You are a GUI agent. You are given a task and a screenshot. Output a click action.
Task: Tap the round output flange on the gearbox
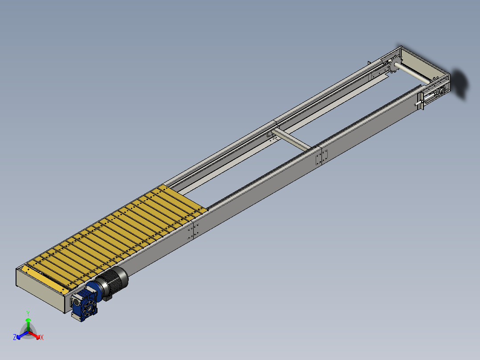(x=88, y=308)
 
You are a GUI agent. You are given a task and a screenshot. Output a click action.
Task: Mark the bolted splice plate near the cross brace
(x=321, y=157)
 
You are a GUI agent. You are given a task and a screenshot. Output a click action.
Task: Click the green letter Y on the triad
(x=28, y=313)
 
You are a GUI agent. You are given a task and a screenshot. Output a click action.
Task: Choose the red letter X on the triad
(x=42, y=338)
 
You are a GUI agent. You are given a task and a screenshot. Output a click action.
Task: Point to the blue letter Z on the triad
(x=15, y=338)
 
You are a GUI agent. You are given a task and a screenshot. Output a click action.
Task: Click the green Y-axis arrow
(x=28, y=323)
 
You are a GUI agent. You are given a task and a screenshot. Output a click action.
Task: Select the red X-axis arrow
(x=36, y=334)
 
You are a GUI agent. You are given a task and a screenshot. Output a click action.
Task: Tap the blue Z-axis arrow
(x=20, y=335)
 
